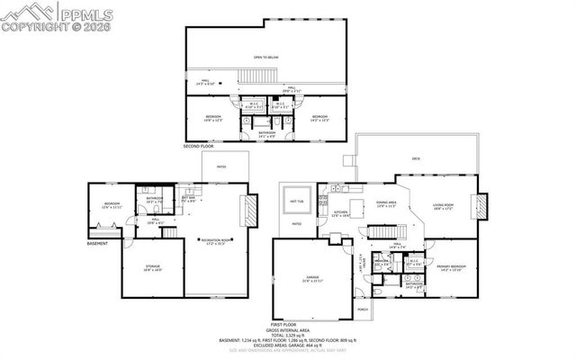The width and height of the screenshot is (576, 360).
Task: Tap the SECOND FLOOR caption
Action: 199,145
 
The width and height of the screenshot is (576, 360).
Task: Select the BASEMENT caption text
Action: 97,243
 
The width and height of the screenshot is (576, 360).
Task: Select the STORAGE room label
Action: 152,266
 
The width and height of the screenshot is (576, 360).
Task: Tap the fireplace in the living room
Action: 482,207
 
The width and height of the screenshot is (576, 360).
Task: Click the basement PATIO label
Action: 220,166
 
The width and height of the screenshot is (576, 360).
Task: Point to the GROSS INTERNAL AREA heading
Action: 298,329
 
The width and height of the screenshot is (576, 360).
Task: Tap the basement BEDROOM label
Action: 112,204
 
